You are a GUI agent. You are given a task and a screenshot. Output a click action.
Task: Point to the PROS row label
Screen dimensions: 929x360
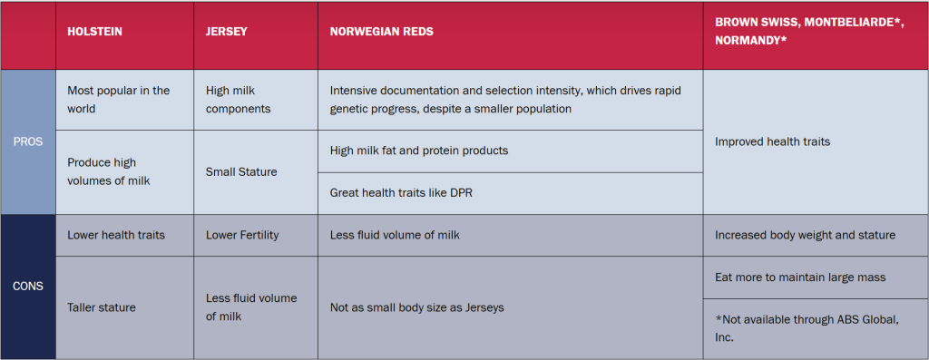pyautogui.click(x=28, y=142)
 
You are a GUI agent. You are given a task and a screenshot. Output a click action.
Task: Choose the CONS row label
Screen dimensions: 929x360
pyautogui.click(x=28, y=287)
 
